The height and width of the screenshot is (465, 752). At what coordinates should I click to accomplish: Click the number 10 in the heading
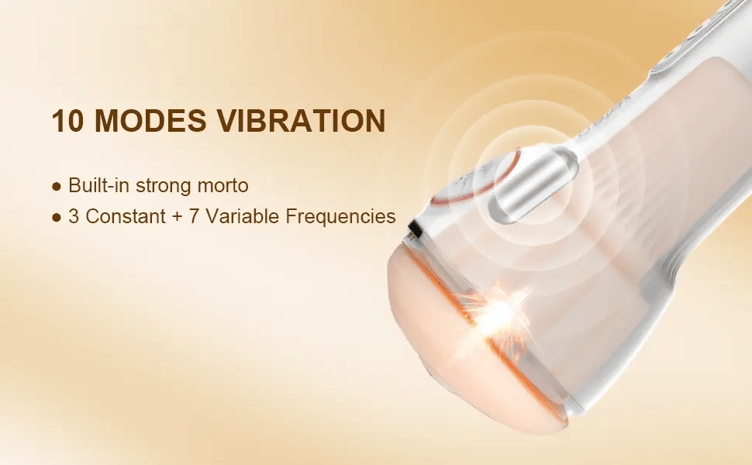click(67, 120)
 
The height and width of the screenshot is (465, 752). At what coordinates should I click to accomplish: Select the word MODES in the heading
click(150, 120)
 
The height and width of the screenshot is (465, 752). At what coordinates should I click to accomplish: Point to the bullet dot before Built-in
click(57, 187)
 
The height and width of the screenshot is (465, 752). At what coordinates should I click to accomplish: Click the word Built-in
click(98, 185)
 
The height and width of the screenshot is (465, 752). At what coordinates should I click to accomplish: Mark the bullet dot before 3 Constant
click(57, 217)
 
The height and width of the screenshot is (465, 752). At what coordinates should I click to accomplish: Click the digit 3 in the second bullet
click(74, 216)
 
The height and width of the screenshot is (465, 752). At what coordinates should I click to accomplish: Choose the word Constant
click(125, 216)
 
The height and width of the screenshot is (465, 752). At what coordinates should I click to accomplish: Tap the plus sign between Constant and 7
click(177, 217)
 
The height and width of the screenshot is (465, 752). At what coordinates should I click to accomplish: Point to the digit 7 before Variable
click(194, 216)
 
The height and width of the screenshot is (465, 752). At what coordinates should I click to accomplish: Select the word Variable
click(242, 216)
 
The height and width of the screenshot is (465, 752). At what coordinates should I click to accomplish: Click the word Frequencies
click(340, 217)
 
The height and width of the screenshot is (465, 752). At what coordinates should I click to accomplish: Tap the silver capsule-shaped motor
click(533, 184)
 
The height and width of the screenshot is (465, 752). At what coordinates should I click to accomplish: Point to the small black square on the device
click(415, 230)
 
